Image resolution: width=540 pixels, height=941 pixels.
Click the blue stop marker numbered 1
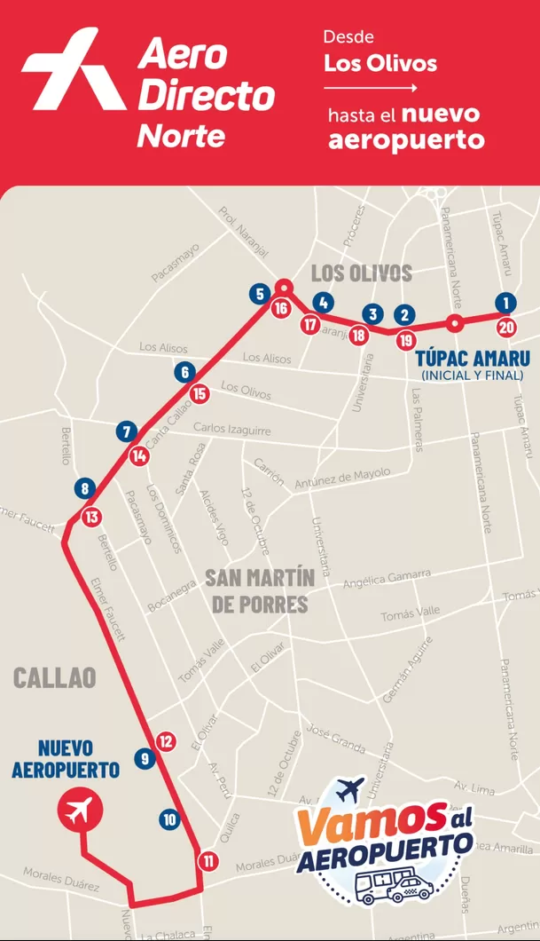point(505,303)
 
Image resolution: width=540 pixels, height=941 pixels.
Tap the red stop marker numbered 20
point(505,327)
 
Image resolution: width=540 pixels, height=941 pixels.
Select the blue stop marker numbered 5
point(260,294)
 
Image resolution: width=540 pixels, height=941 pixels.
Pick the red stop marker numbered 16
point(280,309)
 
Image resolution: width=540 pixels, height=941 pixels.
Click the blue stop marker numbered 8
point(85,488)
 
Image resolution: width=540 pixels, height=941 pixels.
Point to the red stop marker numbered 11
point(207,860)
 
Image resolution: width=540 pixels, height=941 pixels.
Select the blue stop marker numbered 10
point(170,819)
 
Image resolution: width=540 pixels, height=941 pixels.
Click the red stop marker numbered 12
point(165,740)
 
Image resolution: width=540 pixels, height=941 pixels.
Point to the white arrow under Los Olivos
point(370,89)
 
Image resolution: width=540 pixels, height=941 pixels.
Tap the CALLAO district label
point(54,677)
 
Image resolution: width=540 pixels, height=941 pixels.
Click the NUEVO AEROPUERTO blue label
point(66,759)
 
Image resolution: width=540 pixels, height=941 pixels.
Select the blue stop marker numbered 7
point(128,432)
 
